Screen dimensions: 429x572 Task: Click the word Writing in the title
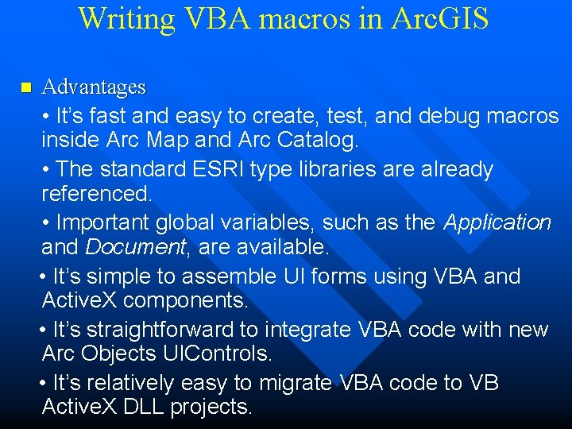(x=127, y=19)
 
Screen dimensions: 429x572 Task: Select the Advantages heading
(x=94, y=86)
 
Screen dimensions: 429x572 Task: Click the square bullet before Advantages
(x=25, y=87)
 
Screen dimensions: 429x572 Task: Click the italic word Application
(x=497, y=222)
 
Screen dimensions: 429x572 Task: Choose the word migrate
(x=294, y=383)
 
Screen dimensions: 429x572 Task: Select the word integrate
(x=306, y=330)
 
